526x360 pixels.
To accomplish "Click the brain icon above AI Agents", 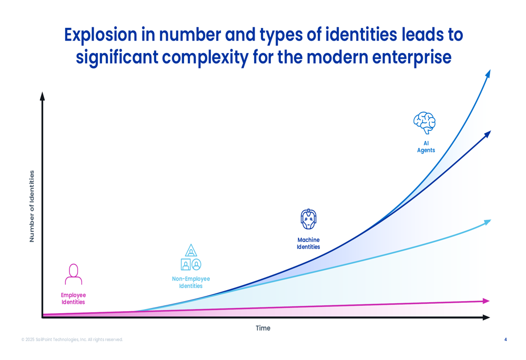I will coord(424,122).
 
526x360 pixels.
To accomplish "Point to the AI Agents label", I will coord(426,147).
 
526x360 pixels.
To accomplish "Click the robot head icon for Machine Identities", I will coord(308,219).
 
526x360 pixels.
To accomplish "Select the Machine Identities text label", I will coord(308,243).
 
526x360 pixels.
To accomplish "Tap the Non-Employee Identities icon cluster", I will coord(191,258).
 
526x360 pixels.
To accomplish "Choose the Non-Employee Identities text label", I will coord(191,282).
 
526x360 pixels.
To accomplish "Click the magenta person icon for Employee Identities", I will coord(74,274).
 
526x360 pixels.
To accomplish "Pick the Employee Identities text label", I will coord(73,299).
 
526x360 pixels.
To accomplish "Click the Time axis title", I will coord(263,328).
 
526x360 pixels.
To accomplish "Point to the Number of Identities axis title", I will coord(32,206).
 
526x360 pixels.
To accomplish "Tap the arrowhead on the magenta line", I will coord(486,301).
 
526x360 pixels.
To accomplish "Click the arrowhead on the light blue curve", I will coord(487,222).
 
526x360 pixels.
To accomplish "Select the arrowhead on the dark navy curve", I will coord(487,134).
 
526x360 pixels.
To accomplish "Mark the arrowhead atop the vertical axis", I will coord(43,96).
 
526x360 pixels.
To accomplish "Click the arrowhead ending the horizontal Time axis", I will coord(486,317).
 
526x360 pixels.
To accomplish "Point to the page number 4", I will coord(505,340).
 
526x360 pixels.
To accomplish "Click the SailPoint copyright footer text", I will coord(72,340).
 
